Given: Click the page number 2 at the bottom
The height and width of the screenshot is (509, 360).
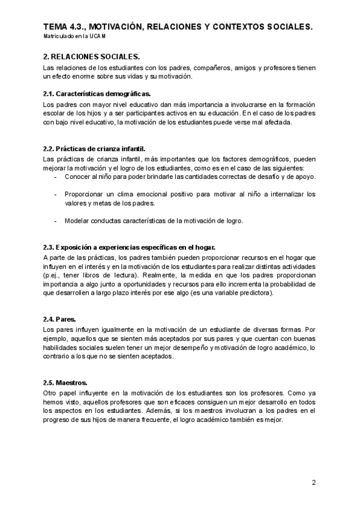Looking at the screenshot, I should click(313, 482).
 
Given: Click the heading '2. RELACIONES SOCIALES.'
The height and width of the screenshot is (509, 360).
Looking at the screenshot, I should click(91, 56).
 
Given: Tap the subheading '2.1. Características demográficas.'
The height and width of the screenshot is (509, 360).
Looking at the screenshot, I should click(97, 94).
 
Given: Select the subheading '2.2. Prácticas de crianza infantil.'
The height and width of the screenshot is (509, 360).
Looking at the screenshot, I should click(94, 149).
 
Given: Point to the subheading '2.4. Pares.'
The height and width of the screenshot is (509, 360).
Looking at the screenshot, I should click(59, 320).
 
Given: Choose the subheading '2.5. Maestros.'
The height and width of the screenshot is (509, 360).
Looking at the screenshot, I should click(65, 382).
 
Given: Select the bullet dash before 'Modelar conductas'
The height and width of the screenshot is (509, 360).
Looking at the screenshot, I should click(56, 220).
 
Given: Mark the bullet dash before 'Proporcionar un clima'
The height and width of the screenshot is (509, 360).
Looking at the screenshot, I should click(56, 194).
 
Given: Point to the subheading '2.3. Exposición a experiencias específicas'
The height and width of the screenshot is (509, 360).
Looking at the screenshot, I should click(130, 247).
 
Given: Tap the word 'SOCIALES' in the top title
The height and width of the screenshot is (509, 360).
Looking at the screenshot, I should click(287, 27).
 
